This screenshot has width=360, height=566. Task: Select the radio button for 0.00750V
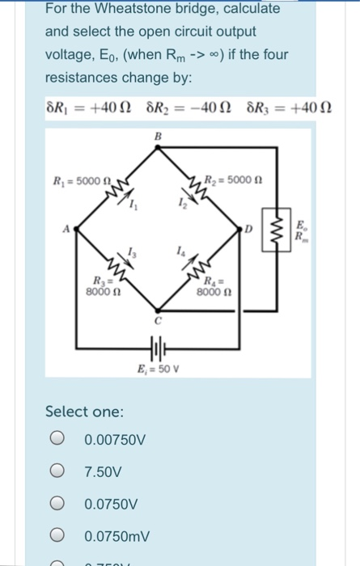[57, 441]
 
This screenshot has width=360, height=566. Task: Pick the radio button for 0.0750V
[57, 504]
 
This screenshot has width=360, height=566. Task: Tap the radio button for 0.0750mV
[57, 535]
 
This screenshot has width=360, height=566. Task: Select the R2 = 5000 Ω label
[235, 180]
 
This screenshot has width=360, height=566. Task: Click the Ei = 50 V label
[155, 373]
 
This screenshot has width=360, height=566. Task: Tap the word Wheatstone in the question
[145, 10]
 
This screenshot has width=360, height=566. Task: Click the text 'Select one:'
[85, 411]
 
